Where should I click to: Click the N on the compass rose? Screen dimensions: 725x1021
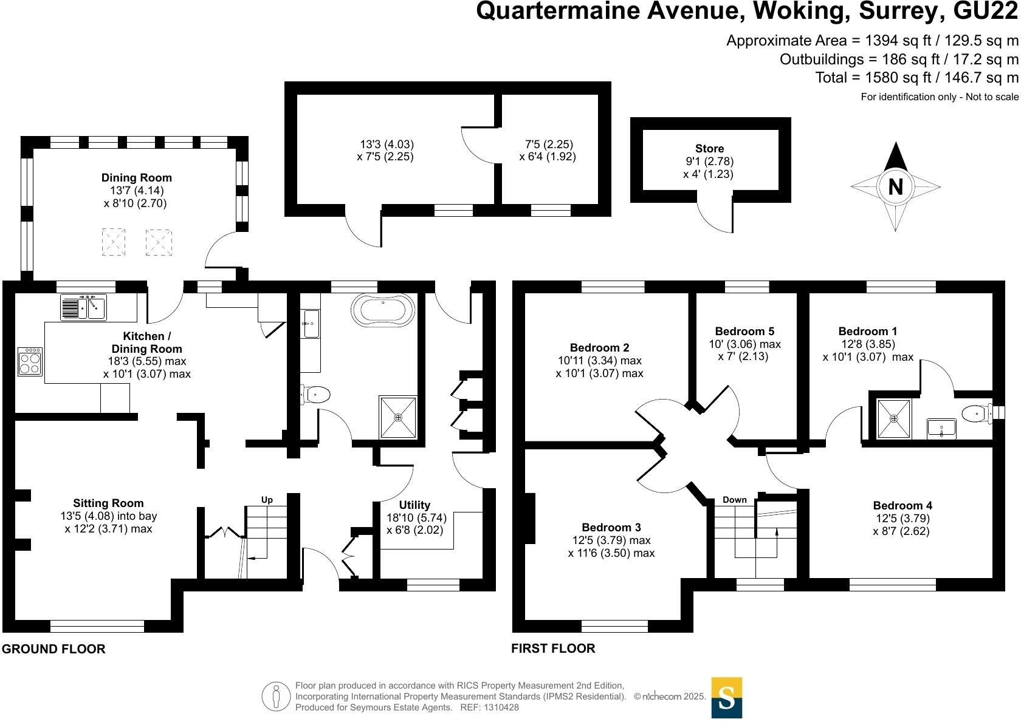pos(895,186)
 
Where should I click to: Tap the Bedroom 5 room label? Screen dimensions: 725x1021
pos(744,331)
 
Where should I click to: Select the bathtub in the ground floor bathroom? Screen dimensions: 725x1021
pos(383,311)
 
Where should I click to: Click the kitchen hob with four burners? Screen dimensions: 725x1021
pos(30,361)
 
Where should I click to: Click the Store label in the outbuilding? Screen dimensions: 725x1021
pos(709,149)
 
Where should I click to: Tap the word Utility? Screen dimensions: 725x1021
pos(414,505)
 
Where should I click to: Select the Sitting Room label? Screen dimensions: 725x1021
pos(108,503)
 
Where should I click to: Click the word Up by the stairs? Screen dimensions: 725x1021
pos(267,500)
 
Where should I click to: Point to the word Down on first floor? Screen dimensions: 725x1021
pos(734,500)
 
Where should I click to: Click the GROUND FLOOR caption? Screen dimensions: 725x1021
pos(53,648)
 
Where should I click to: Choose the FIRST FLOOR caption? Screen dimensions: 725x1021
pos(553,648)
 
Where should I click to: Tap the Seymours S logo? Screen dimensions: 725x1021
pos(726,698)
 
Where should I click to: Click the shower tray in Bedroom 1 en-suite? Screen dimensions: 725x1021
pos(894,419)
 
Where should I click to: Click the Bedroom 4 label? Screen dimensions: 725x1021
pos(902,505)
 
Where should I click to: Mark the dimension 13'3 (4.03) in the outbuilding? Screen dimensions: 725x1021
pos(387,145)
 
